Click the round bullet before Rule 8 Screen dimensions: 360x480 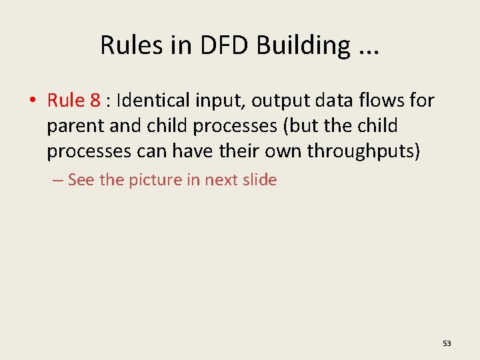click(32, 101)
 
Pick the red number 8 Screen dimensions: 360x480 click(95, 101)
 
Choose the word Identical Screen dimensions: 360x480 click(153, 101)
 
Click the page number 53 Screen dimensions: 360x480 click(447, 343)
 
